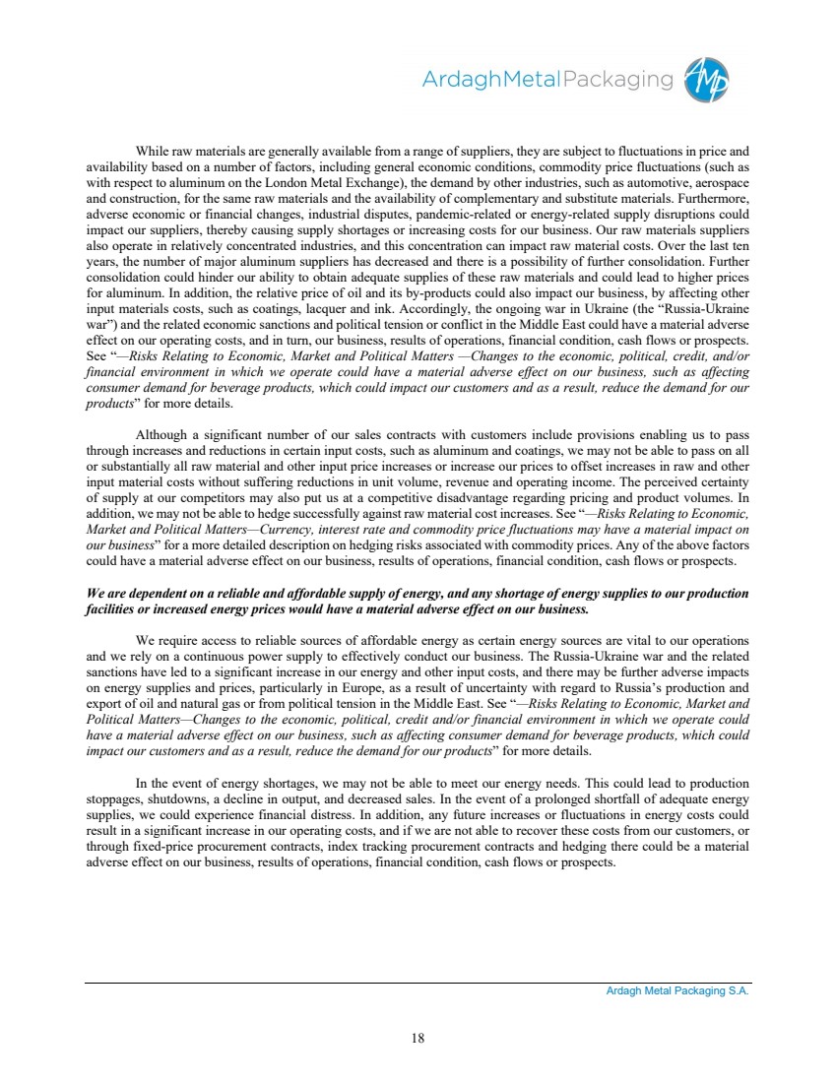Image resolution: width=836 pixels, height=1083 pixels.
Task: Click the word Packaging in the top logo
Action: pyautogui.click(x=617, y=80)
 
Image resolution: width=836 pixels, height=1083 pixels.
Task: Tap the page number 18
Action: pyautogui.click(x=418, y=1036)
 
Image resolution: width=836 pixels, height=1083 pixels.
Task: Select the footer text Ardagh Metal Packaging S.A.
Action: pyautogui.click(x=677, y=991)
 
